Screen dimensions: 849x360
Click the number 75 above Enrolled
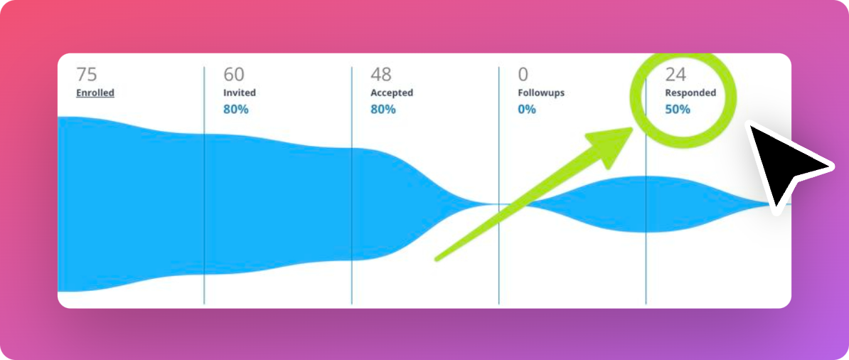pos(87,74)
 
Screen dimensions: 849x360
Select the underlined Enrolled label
pos(95,92)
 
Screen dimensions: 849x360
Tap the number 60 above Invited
pos(234,74)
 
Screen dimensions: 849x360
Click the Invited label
pos(240,92)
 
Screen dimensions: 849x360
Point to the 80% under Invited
pos(236,109)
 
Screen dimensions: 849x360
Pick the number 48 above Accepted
pos(381,74)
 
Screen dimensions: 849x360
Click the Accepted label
pos(392,92)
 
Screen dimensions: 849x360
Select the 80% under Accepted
pos(383,109)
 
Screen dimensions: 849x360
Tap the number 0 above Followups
pos(523,74)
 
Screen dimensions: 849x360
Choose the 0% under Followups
pos(527,109)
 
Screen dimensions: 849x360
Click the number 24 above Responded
pos(676,74)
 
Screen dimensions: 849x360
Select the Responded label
pos(690,92)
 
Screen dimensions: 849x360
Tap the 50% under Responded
pos(678,109)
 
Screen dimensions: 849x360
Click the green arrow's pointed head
pos(632,129)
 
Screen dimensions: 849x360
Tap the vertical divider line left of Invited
pos(204,185)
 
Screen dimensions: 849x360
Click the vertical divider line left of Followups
pos(498,185)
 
